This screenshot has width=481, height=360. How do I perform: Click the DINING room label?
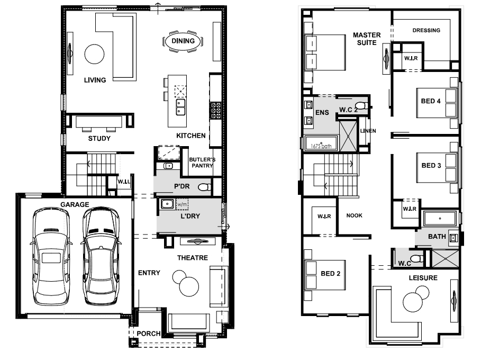coord(183,41)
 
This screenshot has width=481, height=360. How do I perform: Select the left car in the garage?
coord(51,257)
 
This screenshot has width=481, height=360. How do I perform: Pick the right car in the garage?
coord(101,257)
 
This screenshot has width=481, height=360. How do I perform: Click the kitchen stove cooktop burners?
coord(215,111)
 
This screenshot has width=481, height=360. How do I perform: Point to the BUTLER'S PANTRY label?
coord(202,163)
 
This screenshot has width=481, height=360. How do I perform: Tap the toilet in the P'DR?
coord(205,187)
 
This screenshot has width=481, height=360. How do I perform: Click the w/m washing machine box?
coord(182,204)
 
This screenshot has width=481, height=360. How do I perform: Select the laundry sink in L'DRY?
coord(167,204)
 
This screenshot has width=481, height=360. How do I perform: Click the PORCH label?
coord(149,334)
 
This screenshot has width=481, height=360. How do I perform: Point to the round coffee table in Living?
coord(94,55)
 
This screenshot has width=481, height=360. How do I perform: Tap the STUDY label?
coord(99,138)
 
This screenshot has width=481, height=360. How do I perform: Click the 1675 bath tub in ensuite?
coord(321,143)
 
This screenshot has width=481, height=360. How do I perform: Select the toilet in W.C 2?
coord(363,105)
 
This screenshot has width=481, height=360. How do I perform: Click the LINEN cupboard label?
coord(368,131)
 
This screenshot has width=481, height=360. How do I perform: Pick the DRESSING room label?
coord(426,30)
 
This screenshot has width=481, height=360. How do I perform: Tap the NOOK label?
coord(355,215)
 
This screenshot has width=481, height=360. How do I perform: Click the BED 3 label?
coord(431,165)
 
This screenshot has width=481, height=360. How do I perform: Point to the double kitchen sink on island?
coord(180,107)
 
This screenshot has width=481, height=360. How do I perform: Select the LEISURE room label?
coord(423,278)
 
